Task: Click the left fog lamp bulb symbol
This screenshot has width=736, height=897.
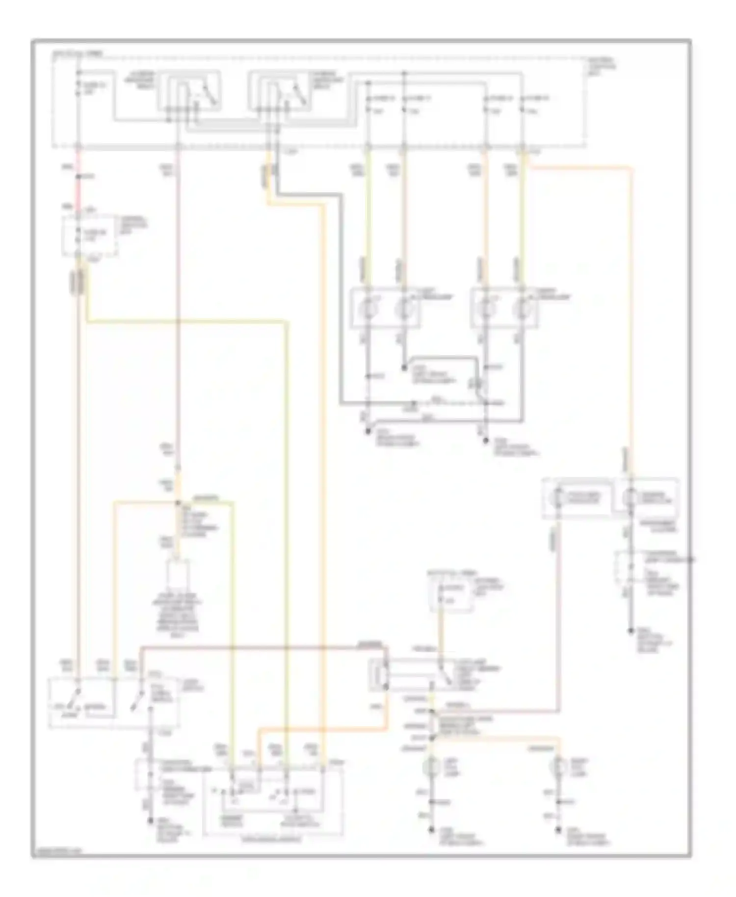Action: (432, 765)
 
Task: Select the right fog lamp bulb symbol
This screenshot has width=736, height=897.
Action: (558, 765)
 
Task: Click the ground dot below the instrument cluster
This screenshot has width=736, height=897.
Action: (631, 631)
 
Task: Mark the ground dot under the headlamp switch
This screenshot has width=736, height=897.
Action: (150, 819)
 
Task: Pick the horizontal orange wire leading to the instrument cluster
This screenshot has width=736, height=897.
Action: (579, 168)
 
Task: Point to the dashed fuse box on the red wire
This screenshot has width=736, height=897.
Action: (89, 236)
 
